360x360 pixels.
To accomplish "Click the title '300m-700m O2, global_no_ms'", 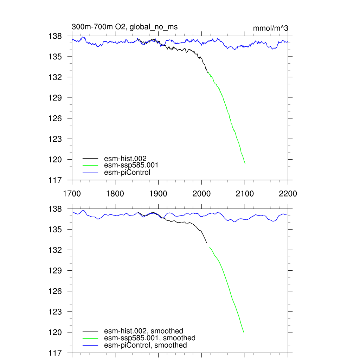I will click(124, 27).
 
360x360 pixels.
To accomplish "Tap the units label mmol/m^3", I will click(270, 28).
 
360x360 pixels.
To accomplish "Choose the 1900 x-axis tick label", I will click(158, 194).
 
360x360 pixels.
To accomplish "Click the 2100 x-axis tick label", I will click(245, 194).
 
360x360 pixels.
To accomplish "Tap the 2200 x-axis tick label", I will click(288, 194).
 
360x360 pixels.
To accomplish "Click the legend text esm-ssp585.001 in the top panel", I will click(129, 165).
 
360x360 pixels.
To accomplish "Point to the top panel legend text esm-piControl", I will click(127, 172).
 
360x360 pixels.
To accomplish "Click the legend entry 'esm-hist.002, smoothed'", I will click(143, 331).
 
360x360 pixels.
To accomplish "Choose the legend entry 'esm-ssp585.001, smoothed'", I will click(149, 338).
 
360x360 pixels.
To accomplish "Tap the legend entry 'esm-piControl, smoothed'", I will click(145, 345).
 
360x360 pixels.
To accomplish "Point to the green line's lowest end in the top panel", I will click(245, 163).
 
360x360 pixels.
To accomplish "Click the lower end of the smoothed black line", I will click(206, 243).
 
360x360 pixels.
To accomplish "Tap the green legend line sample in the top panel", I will click(90, 165).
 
